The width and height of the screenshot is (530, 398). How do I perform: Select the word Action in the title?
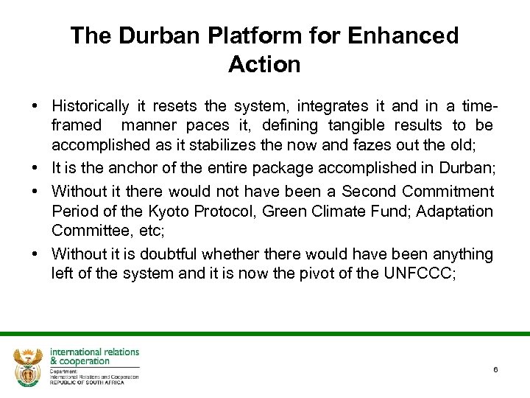coord(264,65)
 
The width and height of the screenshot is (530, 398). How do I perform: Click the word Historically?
coord(91,106)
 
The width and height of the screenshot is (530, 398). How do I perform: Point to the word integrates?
coord(331,106)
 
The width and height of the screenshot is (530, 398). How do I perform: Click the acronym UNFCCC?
coord(424,273)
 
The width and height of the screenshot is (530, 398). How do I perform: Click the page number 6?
coord(496,369)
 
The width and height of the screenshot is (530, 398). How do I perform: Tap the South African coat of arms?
coord(28,366)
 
